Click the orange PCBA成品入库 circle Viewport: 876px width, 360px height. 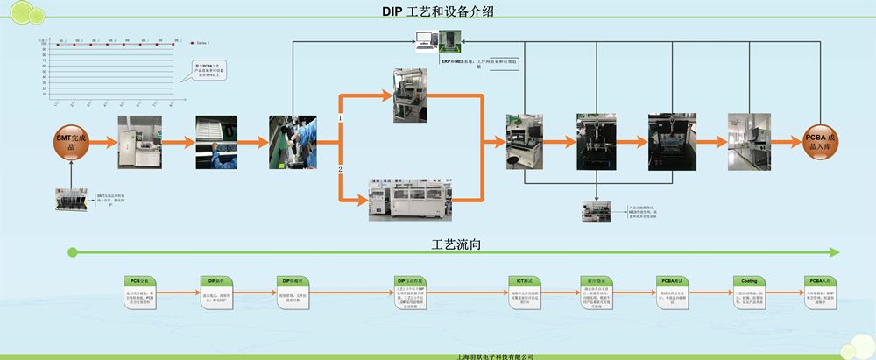[825, 142]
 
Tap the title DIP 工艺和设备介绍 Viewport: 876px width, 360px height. [438, 11]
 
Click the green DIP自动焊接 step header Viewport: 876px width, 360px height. [411, 281]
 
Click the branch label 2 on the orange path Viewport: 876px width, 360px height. [341, 168]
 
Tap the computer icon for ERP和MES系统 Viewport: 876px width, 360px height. [427, 41]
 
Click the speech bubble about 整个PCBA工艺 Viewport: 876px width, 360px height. [208, 71]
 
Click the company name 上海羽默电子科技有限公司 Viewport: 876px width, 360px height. [496, 356]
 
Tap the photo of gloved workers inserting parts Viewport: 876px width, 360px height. [293, 141]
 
